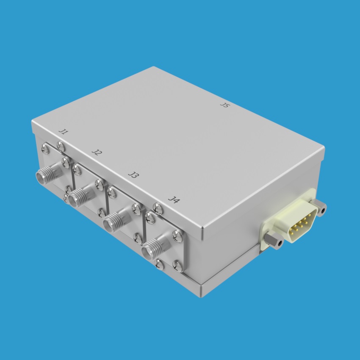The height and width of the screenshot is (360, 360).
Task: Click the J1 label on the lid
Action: (64, 132)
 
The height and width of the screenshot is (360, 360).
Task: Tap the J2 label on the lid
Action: (97, 152)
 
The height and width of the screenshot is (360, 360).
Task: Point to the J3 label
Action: (133, 175)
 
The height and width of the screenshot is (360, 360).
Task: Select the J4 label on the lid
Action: (174, 199)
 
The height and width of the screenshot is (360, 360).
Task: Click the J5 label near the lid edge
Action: (225, 105)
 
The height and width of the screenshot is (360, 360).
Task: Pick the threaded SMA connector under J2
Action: (81, 197)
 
